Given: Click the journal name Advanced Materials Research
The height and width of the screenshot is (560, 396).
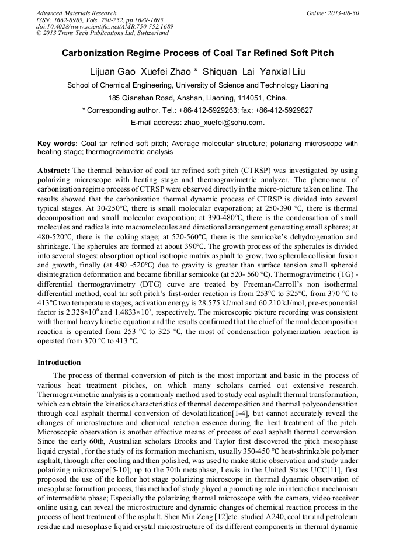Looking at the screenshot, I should pyautogui.click(x=76, y=13).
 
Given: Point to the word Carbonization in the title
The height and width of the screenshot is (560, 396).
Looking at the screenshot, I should pyautogui.click(x=96, y=53).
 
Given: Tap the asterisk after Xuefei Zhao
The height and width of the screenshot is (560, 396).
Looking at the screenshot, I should pyautogui.click(x=196, y=71).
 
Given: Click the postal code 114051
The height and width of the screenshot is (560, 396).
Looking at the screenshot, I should pyautogui.click(x=252, y=98).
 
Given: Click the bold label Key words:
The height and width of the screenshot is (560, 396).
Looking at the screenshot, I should pyautogui.click(x=57, y=143).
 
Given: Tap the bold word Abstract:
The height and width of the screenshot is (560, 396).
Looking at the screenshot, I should pyautogui.click(x=54, y=170).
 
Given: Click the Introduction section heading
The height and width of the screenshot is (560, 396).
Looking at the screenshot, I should pyautogui.click(x=59, y=363).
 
